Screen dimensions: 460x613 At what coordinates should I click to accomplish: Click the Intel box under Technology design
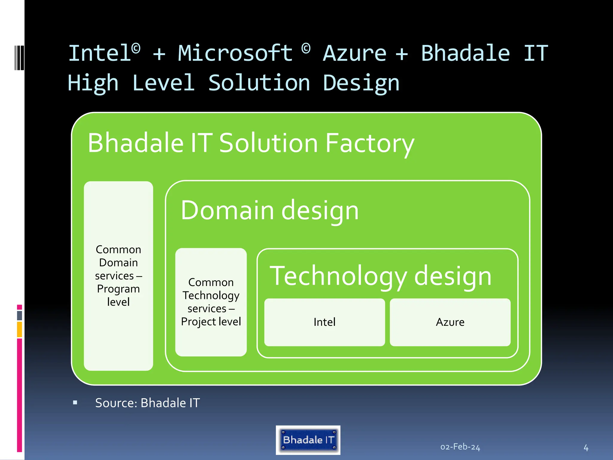[x=324, y=322]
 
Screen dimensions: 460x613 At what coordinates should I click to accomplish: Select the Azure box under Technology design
[x=450, y=322]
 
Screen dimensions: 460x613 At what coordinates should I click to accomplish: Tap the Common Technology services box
[x=211, y=302]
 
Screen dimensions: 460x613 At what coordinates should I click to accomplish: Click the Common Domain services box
[x=118, y=276]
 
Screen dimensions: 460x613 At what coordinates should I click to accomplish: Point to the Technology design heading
[x=380, y=276]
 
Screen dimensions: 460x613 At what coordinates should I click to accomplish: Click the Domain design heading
[x=269, y=210]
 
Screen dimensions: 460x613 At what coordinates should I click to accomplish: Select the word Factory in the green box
[x=370, y=144]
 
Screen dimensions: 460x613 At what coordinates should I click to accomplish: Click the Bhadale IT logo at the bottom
[x=308, y=440]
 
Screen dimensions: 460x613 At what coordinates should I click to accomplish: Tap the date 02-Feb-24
[x=460, y=447]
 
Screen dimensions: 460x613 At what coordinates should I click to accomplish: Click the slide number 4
[x=586, y=448]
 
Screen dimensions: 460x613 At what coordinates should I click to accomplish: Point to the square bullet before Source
[x=75, y=403]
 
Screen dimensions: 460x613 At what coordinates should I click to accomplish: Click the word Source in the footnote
[x=115, y=403]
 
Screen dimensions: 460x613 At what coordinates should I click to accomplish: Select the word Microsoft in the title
[x=235, y=53]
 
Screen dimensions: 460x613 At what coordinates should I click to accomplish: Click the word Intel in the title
[x=100, y=53]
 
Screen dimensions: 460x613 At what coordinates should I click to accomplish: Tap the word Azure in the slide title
[x=355, y=53]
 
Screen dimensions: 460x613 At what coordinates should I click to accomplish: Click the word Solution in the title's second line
[x=259, y=83]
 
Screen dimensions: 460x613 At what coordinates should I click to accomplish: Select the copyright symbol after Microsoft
[x=306, y=49]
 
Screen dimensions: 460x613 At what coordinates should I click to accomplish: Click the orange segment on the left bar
[x=19, y=329]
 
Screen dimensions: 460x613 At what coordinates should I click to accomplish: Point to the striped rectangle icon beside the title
[x=19, y=57]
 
